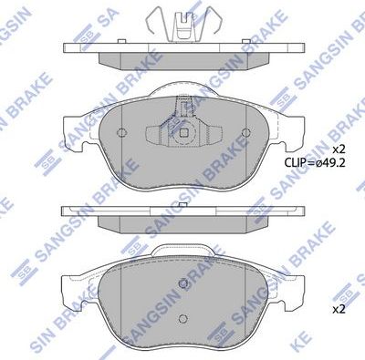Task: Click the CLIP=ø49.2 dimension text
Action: [317, 164]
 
